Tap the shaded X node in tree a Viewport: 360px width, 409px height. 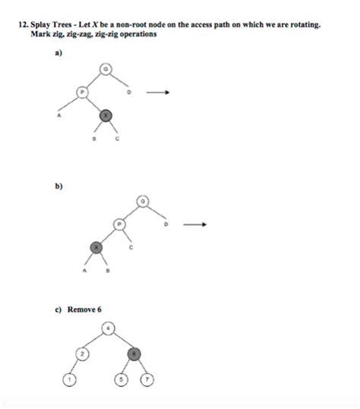coord(106,115)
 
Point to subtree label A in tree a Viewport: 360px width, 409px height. coord(58,116)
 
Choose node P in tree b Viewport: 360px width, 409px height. coord(118,224)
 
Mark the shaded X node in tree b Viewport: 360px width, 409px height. coord(95,247)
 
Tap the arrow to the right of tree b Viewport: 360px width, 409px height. coord(194,225)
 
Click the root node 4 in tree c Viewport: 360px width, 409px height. coord(109,329)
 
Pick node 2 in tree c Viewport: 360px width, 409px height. coord(83,353)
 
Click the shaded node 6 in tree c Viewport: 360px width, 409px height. coord(134,353)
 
